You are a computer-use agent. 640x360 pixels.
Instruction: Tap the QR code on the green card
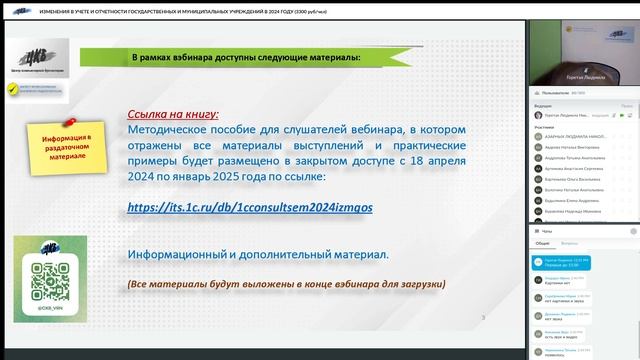49,278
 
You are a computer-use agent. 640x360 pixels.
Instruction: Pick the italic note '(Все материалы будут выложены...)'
286,285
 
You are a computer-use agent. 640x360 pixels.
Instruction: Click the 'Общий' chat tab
541,243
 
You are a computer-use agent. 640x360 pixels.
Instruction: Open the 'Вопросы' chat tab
568,243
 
